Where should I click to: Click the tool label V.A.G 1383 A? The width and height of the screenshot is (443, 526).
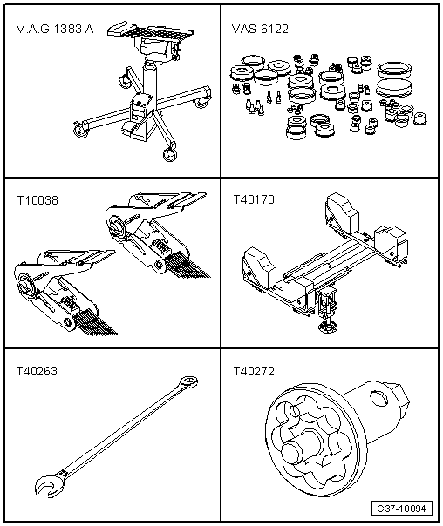click(x=55, y=30)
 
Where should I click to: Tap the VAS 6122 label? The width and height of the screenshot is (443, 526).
click(x=260, y=29)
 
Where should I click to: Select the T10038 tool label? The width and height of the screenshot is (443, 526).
click(x=37, y=200)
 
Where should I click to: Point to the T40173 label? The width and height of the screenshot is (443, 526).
click(x=254, y=200)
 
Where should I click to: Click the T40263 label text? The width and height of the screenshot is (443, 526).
click(x=37, y=371)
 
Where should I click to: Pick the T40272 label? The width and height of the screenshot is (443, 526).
click(x=254, y=371)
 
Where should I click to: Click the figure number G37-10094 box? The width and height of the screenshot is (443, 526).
click(x=401, y=509)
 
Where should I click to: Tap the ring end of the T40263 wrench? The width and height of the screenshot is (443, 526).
click(x=188, y=381)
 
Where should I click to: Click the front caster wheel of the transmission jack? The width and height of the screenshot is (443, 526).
click(x=169, y=155)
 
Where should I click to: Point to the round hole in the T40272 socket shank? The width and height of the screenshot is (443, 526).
click(x=379, y=398)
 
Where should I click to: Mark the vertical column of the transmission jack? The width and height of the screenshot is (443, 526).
click(x=149, y=80)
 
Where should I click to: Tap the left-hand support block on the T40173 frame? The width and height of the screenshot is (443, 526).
click(x=259, y=265)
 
